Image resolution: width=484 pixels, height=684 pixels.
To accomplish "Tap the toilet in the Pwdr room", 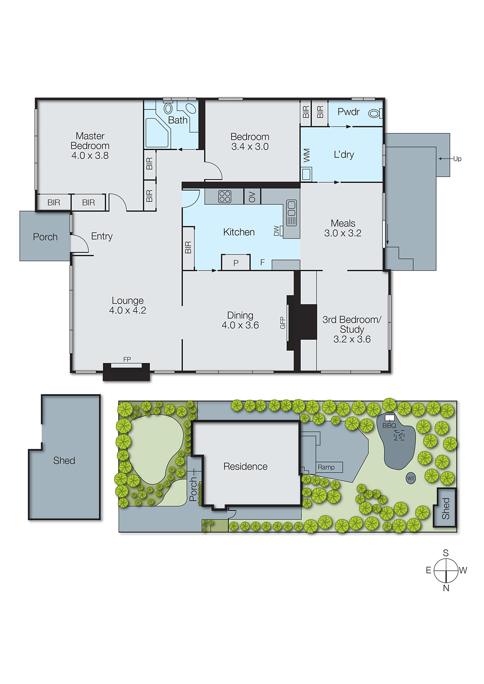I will pos(374,113).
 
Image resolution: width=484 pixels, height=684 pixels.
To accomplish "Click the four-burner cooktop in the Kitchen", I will pos(225,197).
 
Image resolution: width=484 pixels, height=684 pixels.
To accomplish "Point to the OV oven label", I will pos(252,197).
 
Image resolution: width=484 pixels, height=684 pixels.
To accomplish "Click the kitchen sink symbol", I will pos(291,213).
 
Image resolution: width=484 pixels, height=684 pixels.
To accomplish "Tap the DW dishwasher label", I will pos(276,231).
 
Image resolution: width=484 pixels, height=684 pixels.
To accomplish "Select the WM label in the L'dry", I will pos(306,155).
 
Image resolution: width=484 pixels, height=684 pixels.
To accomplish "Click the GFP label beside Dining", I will pos(282,323).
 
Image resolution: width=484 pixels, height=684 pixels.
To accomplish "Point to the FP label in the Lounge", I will pos(127,360).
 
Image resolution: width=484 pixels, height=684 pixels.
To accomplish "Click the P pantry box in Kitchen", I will pos(236,263).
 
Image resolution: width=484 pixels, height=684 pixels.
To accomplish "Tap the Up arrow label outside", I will pos(457,159).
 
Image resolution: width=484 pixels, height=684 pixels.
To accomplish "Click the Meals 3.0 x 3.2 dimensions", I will pos(343,233).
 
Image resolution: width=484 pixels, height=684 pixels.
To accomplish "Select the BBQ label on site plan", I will pos(389,425).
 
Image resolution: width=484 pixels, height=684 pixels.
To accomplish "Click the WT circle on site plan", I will pos(411,478).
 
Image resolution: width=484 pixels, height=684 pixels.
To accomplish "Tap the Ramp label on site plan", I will pos(326,467).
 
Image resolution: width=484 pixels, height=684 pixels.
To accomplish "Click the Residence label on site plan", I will pos(245,466).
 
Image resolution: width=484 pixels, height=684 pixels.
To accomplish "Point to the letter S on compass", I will pos(445,553).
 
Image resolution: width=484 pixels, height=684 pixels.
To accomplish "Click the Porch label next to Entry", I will pos(45,237).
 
